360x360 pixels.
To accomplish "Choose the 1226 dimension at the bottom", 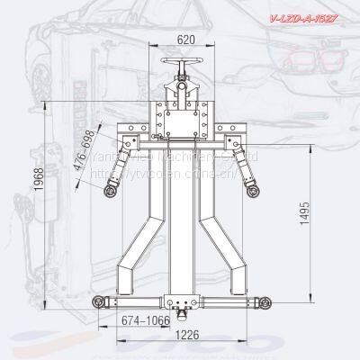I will (186, 337).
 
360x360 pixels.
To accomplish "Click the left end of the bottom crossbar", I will (97, 302).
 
